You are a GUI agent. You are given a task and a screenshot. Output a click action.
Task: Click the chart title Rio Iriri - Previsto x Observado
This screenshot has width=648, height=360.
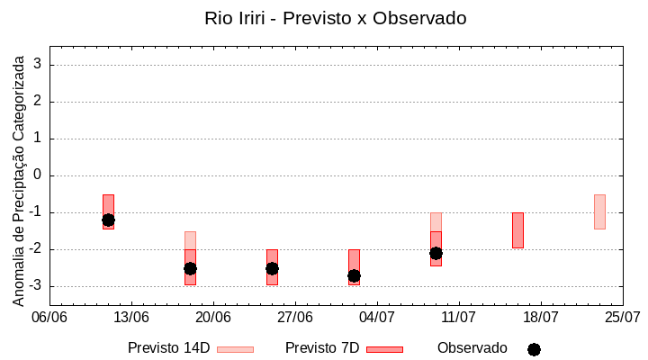point(336,18)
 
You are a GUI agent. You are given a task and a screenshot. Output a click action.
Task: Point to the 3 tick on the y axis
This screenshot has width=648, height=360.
point(38,65)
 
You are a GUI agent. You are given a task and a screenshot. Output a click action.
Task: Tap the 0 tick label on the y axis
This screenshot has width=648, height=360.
point(38,175)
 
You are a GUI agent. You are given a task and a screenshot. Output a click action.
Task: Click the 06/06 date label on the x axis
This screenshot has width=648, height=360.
point(49,317)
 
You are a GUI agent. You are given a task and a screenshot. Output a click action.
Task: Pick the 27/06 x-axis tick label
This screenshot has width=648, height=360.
point(295,317)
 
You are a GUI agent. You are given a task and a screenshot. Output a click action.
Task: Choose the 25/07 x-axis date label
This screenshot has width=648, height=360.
point(622,317)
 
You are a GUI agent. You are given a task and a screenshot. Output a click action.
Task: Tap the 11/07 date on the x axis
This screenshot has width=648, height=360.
point(459,317)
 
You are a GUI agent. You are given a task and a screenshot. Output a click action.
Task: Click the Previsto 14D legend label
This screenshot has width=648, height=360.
point(168,348)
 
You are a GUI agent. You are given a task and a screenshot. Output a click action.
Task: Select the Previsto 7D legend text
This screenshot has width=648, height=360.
point(322,348)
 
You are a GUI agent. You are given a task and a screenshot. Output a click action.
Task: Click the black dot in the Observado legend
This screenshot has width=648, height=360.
point(534,349)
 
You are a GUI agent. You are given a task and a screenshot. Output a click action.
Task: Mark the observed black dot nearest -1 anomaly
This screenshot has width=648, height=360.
point(108,220)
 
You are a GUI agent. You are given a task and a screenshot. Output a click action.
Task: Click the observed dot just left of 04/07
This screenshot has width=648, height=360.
point(354,275)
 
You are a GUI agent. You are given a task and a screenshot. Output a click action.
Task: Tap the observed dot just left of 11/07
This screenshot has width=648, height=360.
point(436,253)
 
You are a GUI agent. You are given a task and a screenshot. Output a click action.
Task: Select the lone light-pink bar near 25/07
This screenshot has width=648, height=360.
point(599,211)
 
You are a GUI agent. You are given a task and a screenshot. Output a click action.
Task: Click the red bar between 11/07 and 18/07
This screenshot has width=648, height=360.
point(517,230)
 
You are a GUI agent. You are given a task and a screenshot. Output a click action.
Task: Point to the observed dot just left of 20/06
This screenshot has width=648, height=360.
point(190,268)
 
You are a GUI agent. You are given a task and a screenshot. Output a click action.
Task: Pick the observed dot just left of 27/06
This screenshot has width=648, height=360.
point(272,268)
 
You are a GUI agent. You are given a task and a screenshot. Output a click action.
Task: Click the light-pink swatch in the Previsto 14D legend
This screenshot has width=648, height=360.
point(235,349)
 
